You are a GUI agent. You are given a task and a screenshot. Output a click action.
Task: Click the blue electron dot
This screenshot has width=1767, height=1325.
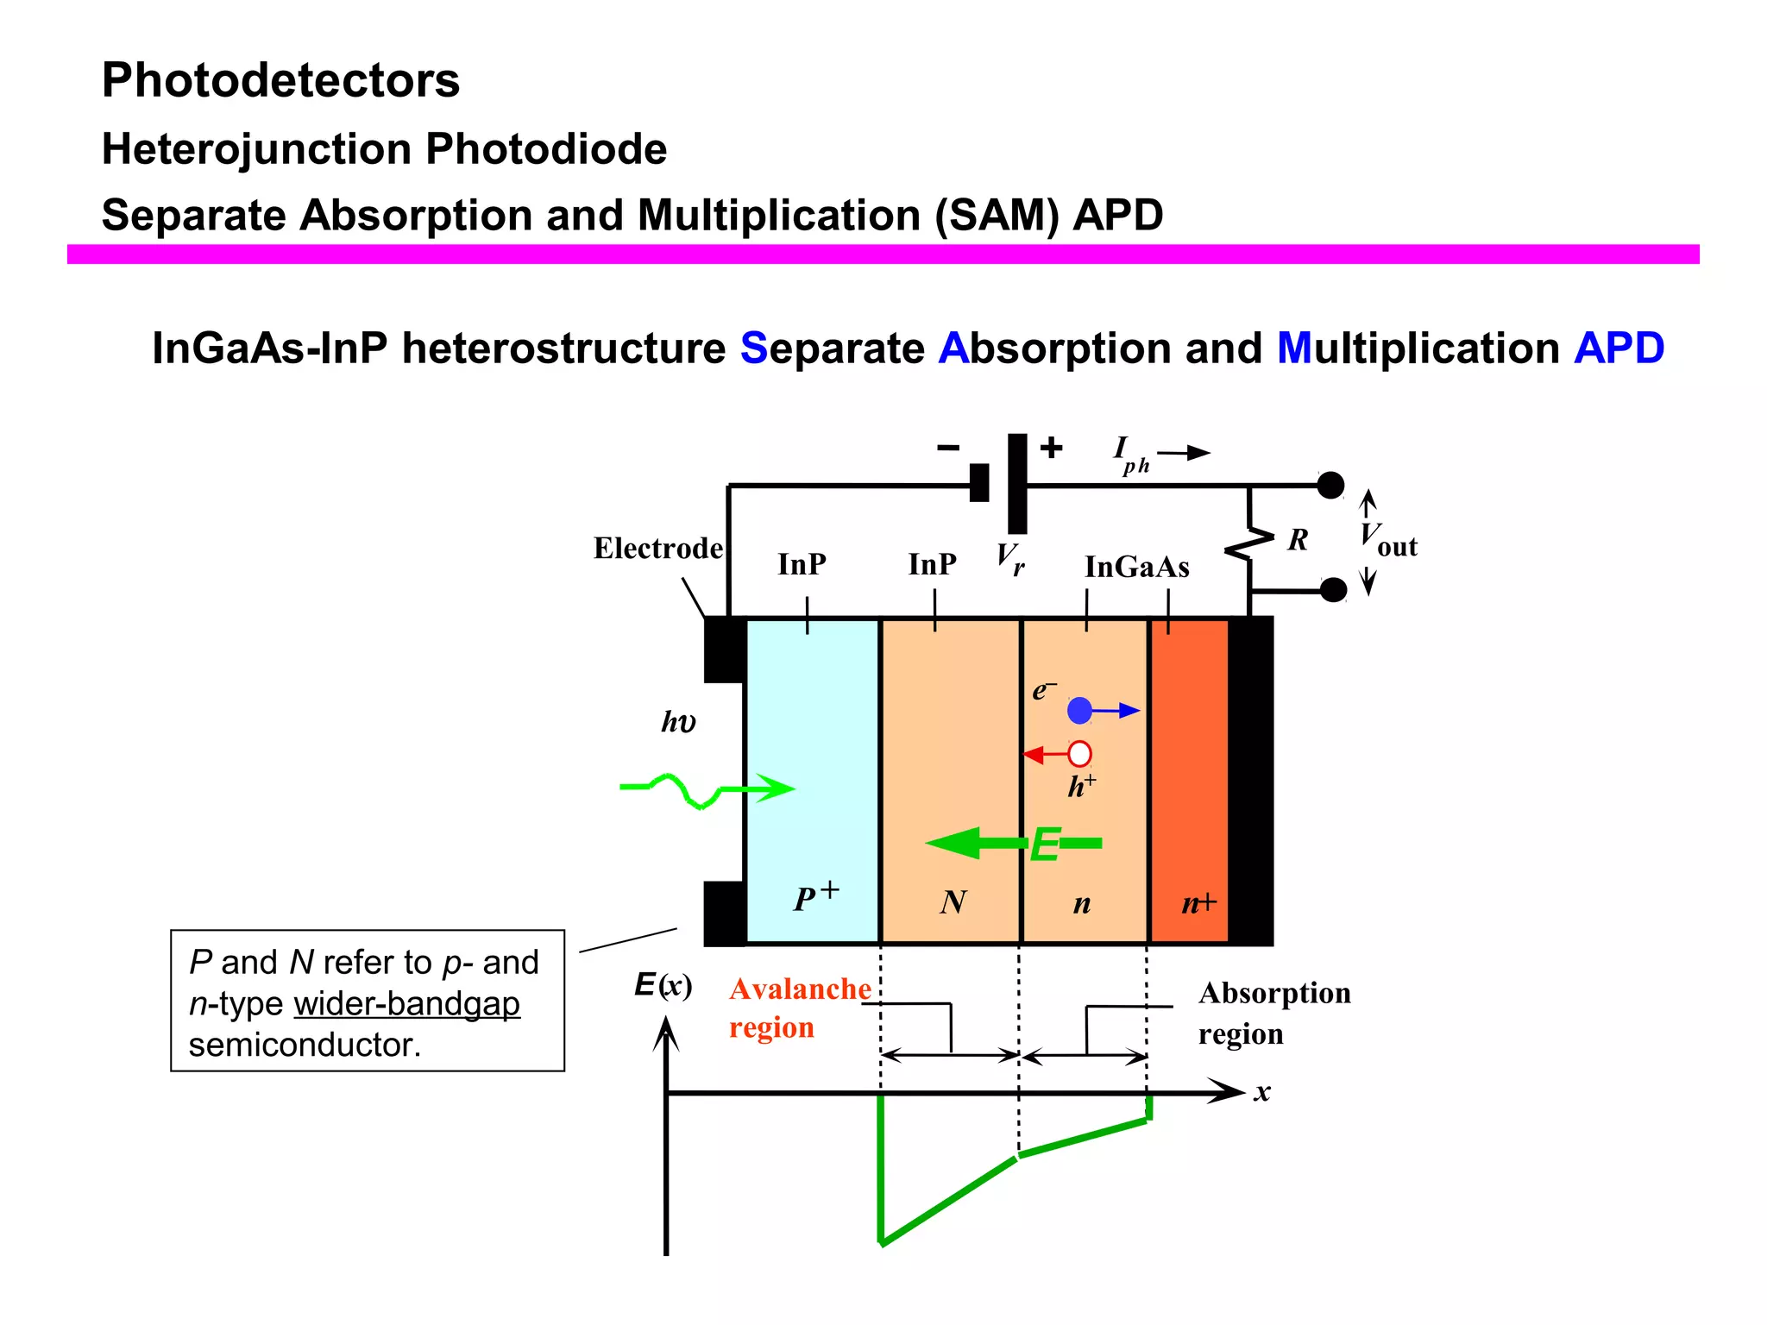pos(1079,711)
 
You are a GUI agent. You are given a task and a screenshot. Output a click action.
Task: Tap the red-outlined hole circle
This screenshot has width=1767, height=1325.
pos(1079,754)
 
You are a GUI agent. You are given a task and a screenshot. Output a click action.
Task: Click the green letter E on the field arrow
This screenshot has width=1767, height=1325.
pos(1044,845)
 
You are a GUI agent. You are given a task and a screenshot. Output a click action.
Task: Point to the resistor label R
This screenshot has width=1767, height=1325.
pos(1298,540)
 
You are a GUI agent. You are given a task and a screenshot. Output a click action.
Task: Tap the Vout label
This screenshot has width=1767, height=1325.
pos(1388,540)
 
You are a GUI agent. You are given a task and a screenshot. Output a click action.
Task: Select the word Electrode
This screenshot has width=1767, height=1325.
pos(657,549)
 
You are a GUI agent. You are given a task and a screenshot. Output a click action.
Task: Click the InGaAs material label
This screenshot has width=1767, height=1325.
pos(1136,567)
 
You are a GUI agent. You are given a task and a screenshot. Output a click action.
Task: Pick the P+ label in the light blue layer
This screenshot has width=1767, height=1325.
pos(815,896)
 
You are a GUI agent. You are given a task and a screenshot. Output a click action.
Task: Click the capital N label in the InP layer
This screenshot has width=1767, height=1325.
pos(953,902)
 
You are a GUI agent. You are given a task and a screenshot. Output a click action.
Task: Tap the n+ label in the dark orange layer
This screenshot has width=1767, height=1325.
pos(1198,903)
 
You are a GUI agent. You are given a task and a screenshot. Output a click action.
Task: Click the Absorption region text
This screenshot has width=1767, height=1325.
pos(1273,1013)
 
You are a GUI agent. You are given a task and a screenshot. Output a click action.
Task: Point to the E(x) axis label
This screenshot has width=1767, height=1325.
pos(663,985)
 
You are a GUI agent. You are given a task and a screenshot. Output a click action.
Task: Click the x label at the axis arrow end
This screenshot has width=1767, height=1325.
pos(1262,1093)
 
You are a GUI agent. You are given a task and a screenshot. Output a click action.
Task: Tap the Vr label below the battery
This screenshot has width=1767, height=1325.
pos(1010,558)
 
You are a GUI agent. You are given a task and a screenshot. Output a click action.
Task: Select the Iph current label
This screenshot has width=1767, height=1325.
pos(1129,454)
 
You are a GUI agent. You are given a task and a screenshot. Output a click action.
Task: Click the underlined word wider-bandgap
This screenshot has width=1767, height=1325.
pos(406,1004)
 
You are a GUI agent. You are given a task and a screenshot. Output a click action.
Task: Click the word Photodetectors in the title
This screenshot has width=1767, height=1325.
pos(280,80)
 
